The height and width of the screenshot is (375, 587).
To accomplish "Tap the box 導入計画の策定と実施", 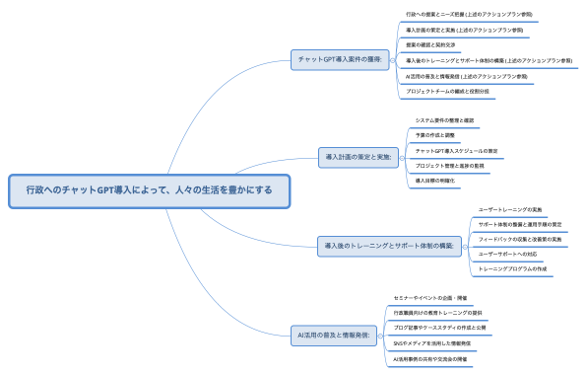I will [359, 156].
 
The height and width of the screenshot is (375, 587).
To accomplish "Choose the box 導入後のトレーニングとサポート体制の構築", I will [389, 246].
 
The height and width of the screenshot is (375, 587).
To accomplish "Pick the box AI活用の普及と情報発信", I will [333, 335].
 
